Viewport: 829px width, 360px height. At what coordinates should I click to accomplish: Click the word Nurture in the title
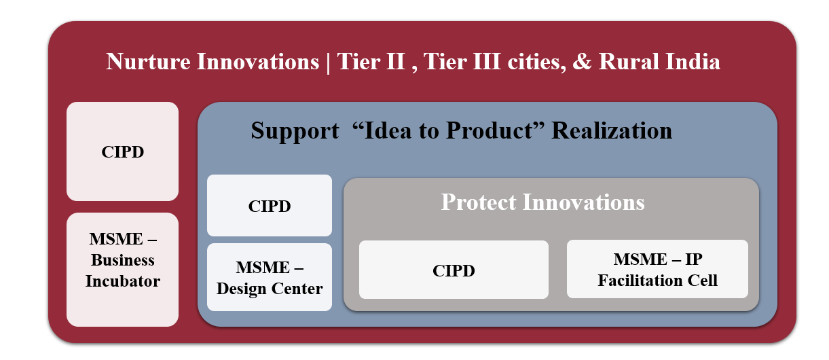(148, 62)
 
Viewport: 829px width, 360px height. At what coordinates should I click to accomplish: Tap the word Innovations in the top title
(258, 62)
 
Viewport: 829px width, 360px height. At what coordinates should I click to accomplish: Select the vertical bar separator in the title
(328, 63)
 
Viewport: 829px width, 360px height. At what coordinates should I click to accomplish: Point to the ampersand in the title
(582, 62)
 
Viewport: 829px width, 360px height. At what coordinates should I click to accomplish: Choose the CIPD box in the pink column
(122, 151)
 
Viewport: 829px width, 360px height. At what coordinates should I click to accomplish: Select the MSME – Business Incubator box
(122, 270)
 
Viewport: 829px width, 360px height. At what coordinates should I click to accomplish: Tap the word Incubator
(123, 281)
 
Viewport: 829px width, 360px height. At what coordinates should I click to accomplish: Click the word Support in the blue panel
(295, 131)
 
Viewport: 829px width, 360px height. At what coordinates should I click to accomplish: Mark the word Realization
(612, 130)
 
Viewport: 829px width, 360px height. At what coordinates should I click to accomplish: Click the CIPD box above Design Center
(270, 206)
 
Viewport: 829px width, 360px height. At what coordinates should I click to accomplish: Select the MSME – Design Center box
(270, 277)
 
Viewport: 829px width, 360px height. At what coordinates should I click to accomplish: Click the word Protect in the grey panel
(479, 202)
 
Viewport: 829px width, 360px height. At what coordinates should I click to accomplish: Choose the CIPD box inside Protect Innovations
(454, 270)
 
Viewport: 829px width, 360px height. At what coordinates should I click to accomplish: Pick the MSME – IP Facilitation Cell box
(657, 269)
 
